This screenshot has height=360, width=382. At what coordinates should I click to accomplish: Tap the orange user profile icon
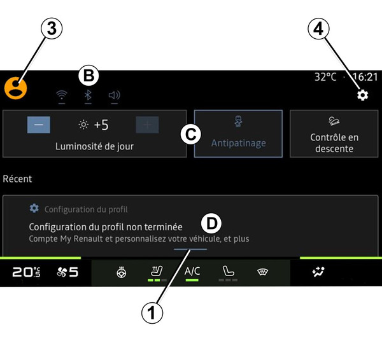pyautogui.click(x=15, y=88)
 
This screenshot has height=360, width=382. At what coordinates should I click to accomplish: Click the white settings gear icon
pyautogui.click(x=362, y=95)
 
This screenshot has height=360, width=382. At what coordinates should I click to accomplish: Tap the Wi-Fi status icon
pyautogui.click(x=62, y=95)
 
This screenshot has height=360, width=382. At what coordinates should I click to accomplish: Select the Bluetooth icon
pyautogui.click(x=88, y=95)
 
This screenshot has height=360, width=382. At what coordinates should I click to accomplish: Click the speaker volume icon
pyautogui.click(x=114, y=95)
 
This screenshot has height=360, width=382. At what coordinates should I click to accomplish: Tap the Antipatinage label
pyautogui.click(x=239, y=143)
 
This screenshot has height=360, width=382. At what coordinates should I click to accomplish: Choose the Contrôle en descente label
pyautogui.click(x=334, y=143)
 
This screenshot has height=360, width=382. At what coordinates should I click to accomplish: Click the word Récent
pyautogui.click(x=17, y=179)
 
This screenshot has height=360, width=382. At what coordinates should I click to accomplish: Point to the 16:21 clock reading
pyautogui.click(x=365, y=77)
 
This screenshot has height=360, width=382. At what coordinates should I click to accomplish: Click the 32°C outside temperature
pyautogui.click(x=325, y=77)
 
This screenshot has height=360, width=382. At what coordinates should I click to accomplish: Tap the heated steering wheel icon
pyautogui.click(x=122, y=272)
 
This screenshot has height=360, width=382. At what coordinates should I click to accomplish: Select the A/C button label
pyautogui.click(x=192, y=271)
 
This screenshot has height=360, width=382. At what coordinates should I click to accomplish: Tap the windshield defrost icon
pyautogui.click(x=262, y=272)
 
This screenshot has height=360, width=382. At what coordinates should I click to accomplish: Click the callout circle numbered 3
pyautogui.click(x=52, y=29)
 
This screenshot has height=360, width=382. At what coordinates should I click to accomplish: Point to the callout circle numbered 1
pyautogui.click(x=152, y=312)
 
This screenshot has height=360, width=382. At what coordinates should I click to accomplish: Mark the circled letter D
pyautogui.click(x=211, y=223)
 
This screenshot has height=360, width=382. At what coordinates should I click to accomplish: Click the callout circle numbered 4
pyautogui.click(x=319, y=29)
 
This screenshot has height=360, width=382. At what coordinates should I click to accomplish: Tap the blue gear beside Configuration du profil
pyautogui.click(x=34, y=209)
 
